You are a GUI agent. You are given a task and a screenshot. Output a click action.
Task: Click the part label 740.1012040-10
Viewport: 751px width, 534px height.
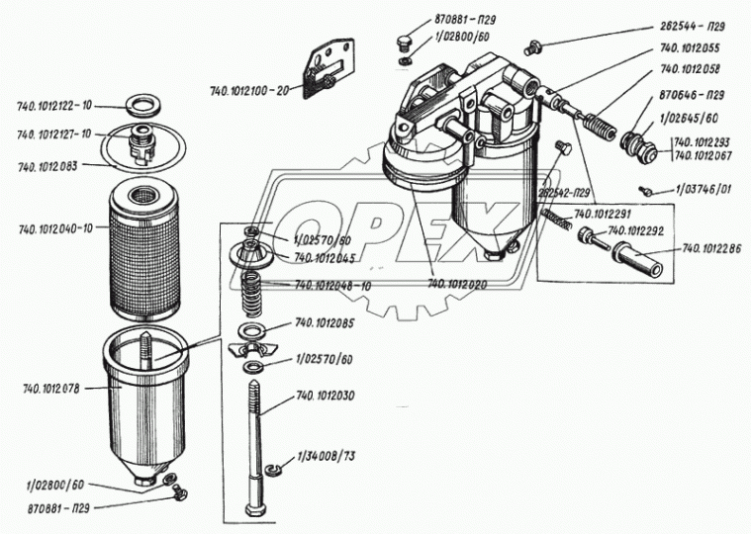coord(55,229)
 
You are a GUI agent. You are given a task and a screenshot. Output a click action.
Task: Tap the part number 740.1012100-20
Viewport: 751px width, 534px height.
coord(248,90)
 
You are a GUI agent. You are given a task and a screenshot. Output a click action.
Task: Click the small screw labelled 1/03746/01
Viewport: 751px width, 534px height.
coord(644,188)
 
